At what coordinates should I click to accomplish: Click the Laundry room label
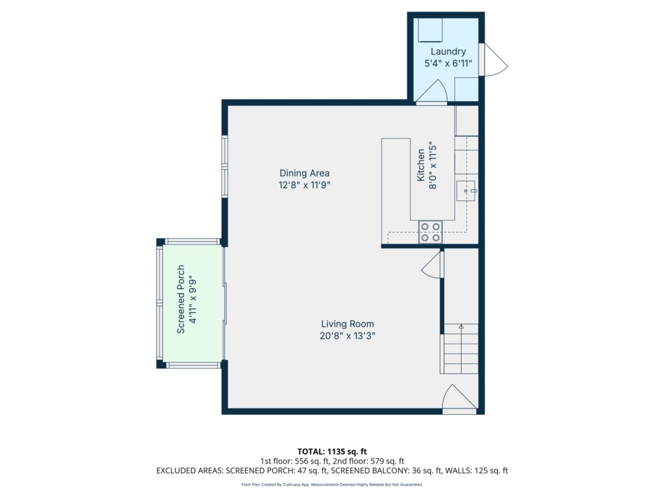[x=448, y=52]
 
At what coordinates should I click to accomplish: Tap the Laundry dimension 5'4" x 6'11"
[x=448, y=64]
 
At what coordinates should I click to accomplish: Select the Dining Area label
[x=305, y=173]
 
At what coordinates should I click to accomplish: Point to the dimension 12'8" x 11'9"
[x=305, y=185]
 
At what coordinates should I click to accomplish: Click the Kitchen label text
[x=420, y=165]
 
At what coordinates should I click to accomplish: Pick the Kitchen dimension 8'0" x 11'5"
[x=433, y=165]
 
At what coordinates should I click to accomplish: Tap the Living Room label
[x=348, y=324]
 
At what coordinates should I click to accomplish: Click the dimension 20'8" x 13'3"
[x=348, y=336]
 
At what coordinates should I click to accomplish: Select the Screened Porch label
[x=181, y=300]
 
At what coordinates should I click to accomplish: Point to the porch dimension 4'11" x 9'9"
[x=193, y=300]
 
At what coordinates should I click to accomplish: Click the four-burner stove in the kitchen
[x=431, y=232]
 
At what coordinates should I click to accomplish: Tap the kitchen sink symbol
[x=466, y=191]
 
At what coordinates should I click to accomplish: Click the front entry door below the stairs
[x=460, y=398]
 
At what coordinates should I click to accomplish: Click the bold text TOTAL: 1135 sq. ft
[x=332, y=451]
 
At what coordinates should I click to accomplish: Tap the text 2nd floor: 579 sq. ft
[x=368, y=461]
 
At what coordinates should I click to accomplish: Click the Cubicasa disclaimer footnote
[x=332, y=485]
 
